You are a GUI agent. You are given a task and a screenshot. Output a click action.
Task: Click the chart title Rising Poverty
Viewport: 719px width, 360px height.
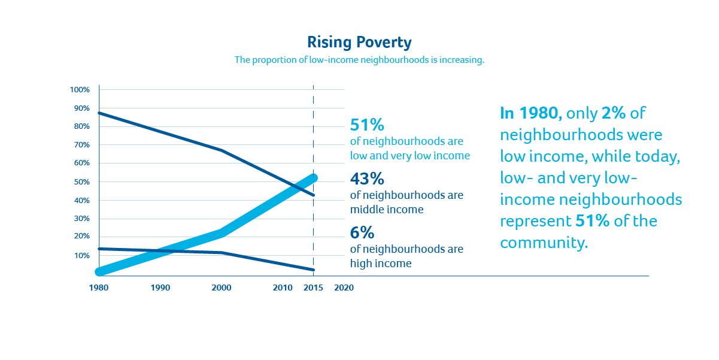[359, 43]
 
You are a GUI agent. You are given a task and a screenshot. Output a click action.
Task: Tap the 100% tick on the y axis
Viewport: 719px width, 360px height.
[80, 90]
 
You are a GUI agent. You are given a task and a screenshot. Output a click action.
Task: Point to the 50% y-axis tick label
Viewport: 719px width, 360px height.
[81, 181]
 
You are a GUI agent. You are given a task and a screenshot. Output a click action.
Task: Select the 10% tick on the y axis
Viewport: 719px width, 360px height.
[81, 256]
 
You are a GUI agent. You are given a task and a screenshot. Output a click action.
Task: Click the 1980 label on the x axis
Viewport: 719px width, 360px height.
[99, 288]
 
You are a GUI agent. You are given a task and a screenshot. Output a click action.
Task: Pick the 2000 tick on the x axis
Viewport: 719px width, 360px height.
[222, 288]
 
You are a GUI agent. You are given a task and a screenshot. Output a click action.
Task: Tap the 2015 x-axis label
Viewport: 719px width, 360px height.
[313, 288]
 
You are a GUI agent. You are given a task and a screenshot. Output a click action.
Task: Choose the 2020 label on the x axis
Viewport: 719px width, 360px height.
[344, 288]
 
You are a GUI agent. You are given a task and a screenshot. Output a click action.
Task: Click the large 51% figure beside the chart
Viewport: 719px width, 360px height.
[366, 125]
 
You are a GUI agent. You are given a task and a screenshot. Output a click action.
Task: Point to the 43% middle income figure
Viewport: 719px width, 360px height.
[367, 179]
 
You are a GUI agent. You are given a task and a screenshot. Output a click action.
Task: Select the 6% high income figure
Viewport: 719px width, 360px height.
[362, 232]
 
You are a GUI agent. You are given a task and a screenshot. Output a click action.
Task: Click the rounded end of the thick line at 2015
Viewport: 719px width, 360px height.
[313, 178]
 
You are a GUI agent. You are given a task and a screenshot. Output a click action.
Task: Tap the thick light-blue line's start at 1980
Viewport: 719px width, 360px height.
[100, 272]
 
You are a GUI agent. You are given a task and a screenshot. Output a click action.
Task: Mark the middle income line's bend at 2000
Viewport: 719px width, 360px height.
[222, 150]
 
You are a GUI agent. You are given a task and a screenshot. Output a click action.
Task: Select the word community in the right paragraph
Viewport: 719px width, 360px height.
[542, 243]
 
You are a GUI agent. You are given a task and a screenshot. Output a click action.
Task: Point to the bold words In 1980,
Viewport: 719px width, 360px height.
[530, 113]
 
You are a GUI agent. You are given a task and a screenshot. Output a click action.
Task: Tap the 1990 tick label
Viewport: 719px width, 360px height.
[160, 288]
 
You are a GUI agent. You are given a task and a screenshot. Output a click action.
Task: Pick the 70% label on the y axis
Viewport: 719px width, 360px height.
[81, 145]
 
